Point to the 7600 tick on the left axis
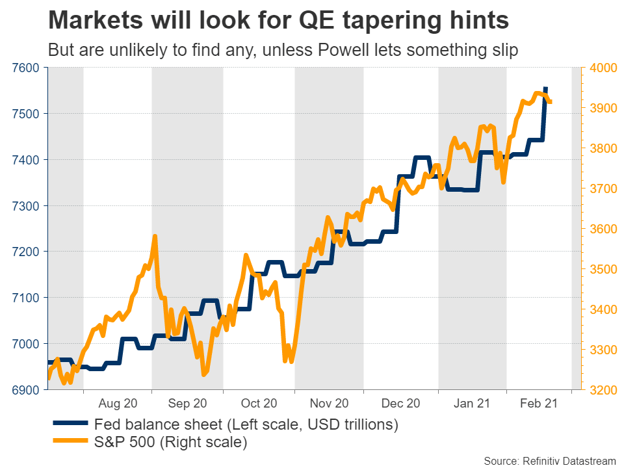pyautogui.click(x=25, y=68)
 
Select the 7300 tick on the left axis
pyautogui.click(x=25, y=206)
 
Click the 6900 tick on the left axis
pyautogui.click(x=25, y=390)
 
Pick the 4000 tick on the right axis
pyautogui.click(x=602, y=68)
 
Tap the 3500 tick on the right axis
pyautogui.click(x=602, y=269)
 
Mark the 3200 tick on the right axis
pyautogui.click(x=602, y=390)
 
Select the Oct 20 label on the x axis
pyautogui.click(x=259, y=404)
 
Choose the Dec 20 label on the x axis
pyautogui.click(x=401, y=404)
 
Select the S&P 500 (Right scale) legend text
pyautogui.click(x=170, y=443)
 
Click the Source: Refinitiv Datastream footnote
pyautogui.click(x=550, y=460)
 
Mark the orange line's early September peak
pyautogui.click(x=155, y=237)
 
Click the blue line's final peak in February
pyautogui.click(x=545, y=88)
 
